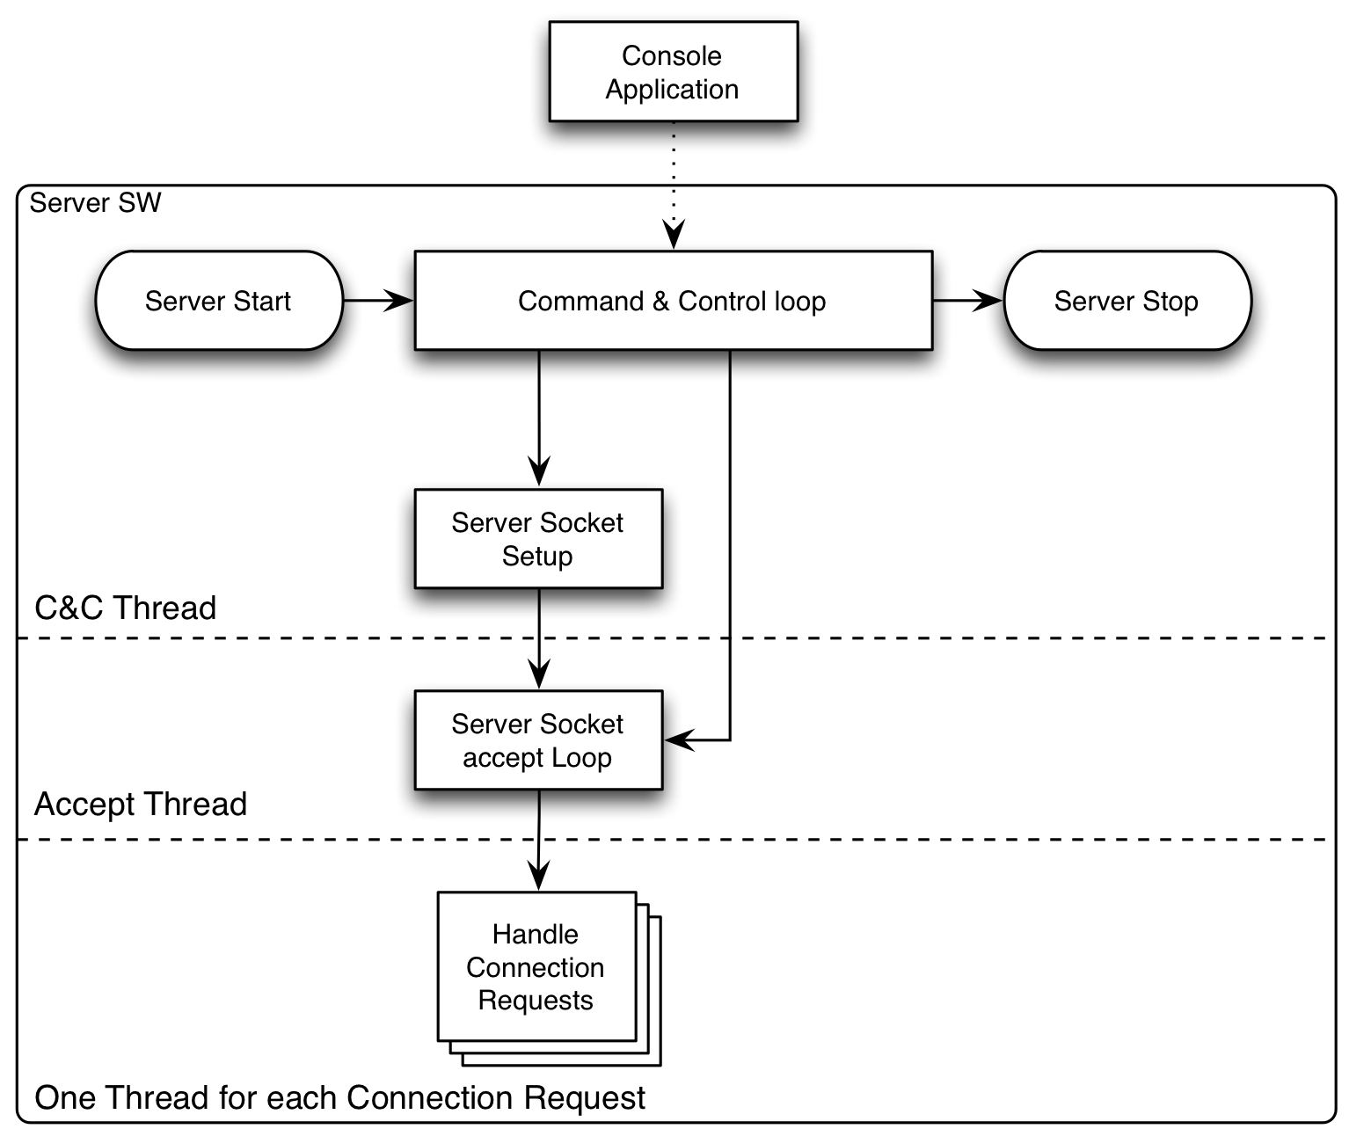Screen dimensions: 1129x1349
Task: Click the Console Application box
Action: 673,71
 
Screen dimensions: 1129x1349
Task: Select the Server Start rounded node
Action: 218,301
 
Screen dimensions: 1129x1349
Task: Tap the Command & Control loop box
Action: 673,301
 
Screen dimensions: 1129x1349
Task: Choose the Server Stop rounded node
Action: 1127,301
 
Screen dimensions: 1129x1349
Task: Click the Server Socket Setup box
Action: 537,538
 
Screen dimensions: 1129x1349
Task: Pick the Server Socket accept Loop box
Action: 537,739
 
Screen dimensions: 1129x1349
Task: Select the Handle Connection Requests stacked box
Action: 536,966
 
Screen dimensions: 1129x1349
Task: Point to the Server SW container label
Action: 95,203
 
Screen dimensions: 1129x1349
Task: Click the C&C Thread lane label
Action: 125,608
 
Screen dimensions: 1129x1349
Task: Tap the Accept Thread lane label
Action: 141,804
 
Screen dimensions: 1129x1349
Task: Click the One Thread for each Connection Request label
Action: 339,1097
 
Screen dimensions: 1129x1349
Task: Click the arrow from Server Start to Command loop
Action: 377,301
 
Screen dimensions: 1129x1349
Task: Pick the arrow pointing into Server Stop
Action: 967,301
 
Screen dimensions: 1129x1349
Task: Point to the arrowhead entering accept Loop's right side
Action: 679,740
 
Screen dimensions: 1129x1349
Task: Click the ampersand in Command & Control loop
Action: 660,302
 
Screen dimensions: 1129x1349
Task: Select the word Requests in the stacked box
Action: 536,1001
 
